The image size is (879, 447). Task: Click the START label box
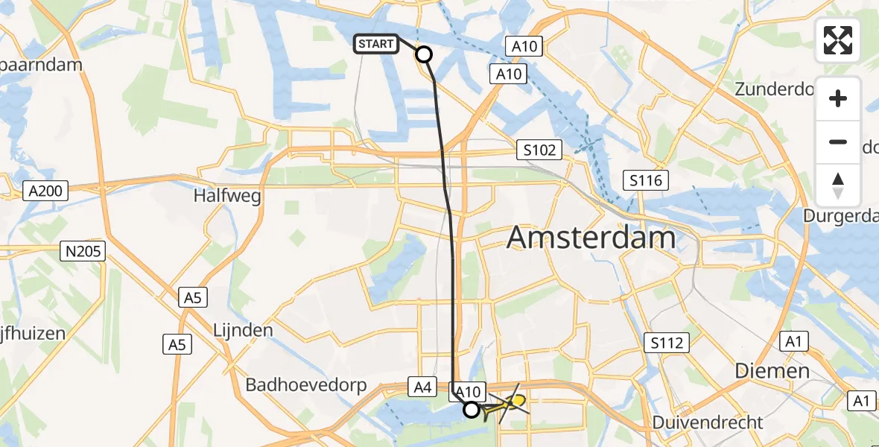pos(375,45)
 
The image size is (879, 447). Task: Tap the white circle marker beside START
pos(424,54)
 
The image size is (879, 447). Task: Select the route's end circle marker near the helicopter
pos(472,409)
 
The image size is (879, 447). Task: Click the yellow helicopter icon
pos(509,405)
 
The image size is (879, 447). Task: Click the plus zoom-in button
pos(838,98)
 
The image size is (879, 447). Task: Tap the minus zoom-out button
pos(838,142)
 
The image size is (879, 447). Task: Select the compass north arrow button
pos(838,185)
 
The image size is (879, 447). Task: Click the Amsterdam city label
pos(591,238)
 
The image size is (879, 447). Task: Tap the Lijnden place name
pos(243,329)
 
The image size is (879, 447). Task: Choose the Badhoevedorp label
pos(306,385)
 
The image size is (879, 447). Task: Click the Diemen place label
pos(772,371)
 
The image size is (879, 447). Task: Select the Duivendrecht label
pos(707,423)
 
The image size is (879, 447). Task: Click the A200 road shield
pos(45,191)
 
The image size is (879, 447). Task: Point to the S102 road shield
pos(539,150)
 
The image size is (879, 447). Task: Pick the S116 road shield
pos(646,180)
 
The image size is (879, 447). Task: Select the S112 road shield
pos(667,343)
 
